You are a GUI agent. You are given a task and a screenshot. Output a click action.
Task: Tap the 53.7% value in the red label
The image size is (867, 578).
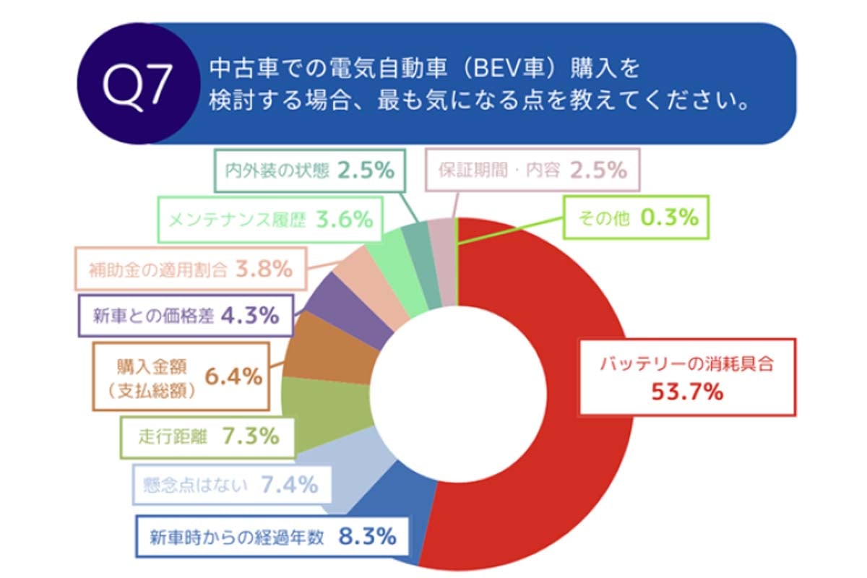pyautogui.click(x=687, y=392)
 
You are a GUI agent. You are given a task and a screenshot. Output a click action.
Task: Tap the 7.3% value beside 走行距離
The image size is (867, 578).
pyautogui.click(x=249, y=436)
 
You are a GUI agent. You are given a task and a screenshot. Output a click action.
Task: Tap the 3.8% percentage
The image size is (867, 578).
pyautogui.click(x=264, y=269)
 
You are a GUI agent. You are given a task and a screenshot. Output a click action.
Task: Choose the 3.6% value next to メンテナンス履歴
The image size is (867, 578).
pyautogui.click(x=344, y=218)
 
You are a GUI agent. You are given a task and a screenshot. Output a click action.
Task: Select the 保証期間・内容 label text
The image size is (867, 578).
pyautogui.click(x=499, y=171)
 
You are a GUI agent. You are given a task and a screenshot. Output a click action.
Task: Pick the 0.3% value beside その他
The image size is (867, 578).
pyautogui.click(x=673, y=217)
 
